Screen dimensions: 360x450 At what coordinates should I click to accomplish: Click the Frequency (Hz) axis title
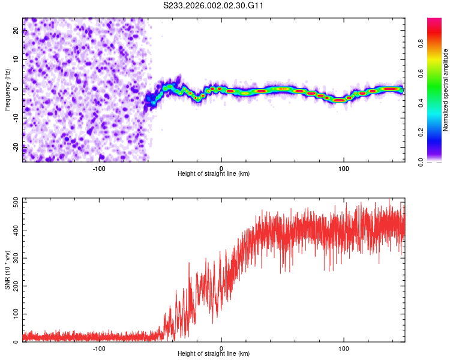point(8,89)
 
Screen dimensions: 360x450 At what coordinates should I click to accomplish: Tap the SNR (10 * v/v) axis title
point(8,269)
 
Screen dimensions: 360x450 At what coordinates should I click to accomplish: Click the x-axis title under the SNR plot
point(214,354)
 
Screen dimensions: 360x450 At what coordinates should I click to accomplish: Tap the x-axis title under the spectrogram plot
point(214,173)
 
